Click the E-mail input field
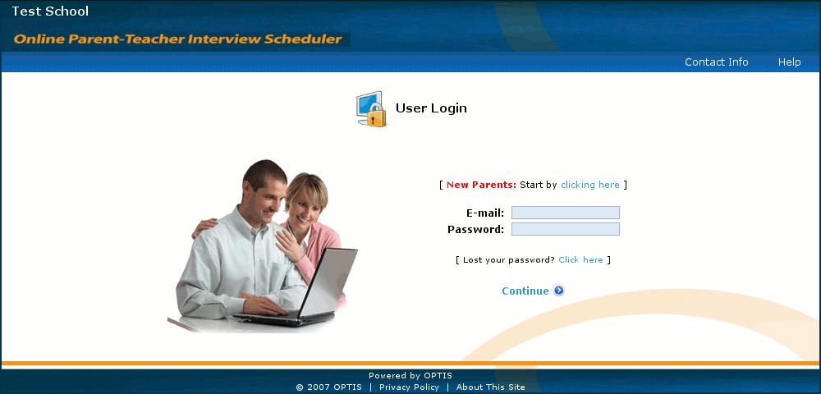566,213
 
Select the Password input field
566,229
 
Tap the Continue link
525,291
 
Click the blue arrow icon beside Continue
559,291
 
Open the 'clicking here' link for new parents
590,185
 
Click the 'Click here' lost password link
580,259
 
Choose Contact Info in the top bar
716,62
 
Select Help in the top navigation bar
789,62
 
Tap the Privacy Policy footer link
409,387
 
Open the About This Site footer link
491,387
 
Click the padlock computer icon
371,109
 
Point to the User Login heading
431,108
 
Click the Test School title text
50,11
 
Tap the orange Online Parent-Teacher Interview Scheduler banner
178,39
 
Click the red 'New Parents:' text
481,185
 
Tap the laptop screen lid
328,282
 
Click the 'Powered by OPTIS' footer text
410,376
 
